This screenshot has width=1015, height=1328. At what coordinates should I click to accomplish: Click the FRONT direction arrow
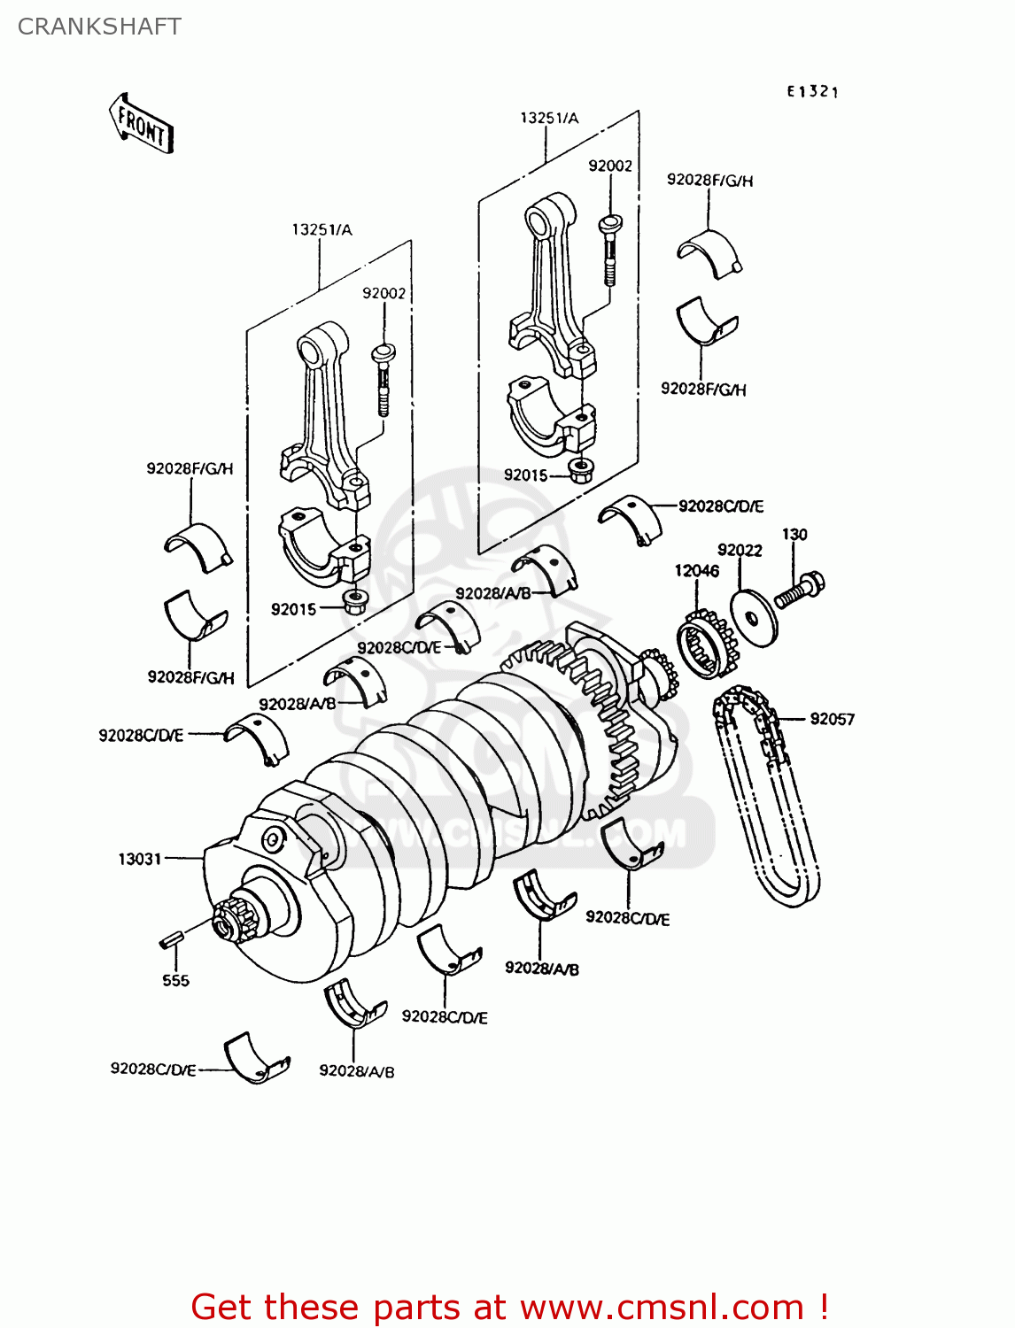coord(141,124)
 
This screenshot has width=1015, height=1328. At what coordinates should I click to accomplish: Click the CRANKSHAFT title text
coord(99,27)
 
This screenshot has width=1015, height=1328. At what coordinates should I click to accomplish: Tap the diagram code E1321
coord(812,91)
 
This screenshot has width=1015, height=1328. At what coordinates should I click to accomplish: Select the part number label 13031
coord(140,859)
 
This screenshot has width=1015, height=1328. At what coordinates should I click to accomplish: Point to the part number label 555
coord(175,980)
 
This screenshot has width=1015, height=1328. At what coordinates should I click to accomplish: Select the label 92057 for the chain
coord(832,719)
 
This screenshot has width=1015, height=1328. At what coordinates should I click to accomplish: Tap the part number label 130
coord(794,534)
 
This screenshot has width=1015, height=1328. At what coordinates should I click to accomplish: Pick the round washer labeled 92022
coord(754,618)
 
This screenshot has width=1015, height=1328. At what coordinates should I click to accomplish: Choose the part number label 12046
coord(696,571)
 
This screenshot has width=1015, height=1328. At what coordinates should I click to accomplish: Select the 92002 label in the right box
coord(610,166)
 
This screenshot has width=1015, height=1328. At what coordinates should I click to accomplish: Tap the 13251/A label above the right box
coord(549,118)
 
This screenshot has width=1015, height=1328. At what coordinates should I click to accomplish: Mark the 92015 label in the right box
coord(526,475)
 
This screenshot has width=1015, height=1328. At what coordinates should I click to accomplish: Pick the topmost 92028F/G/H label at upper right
coord(709,180)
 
